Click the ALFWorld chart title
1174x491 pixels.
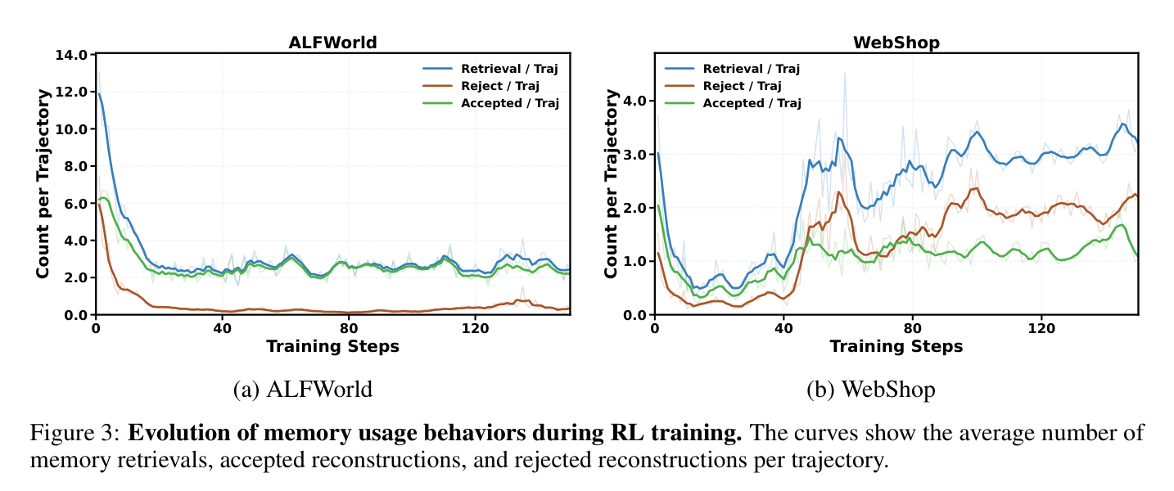tap(333, 43)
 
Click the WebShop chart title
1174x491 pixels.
tap(896, 43)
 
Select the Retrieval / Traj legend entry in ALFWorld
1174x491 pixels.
tap(490, 69)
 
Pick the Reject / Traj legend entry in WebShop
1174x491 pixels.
tap(723, 86)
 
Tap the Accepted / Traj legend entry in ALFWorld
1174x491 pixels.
tap(491, 103)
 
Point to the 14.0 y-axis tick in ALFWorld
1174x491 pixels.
tap(71, 55)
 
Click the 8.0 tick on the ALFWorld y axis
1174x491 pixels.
tap(75, 166)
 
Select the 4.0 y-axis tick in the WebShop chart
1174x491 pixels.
tap(635, 101)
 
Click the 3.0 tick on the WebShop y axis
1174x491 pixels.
tap(635, 155)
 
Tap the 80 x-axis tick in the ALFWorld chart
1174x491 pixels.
tap(349, 328)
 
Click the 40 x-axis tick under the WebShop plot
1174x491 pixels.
tap(783, 328)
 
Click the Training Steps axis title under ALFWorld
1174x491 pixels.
tap(333, 346)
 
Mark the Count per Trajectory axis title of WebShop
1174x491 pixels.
tap(611, 183)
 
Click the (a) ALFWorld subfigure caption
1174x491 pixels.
tap(303, 390)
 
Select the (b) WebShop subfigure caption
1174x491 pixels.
tap(871, 390)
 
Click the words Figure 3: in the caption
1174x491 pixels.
tap(75, 434)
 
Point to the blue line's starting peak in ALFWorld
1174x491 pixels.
tap(99, 93)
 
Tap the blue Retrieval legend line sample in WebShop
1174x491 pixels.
tap(680, 69)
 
